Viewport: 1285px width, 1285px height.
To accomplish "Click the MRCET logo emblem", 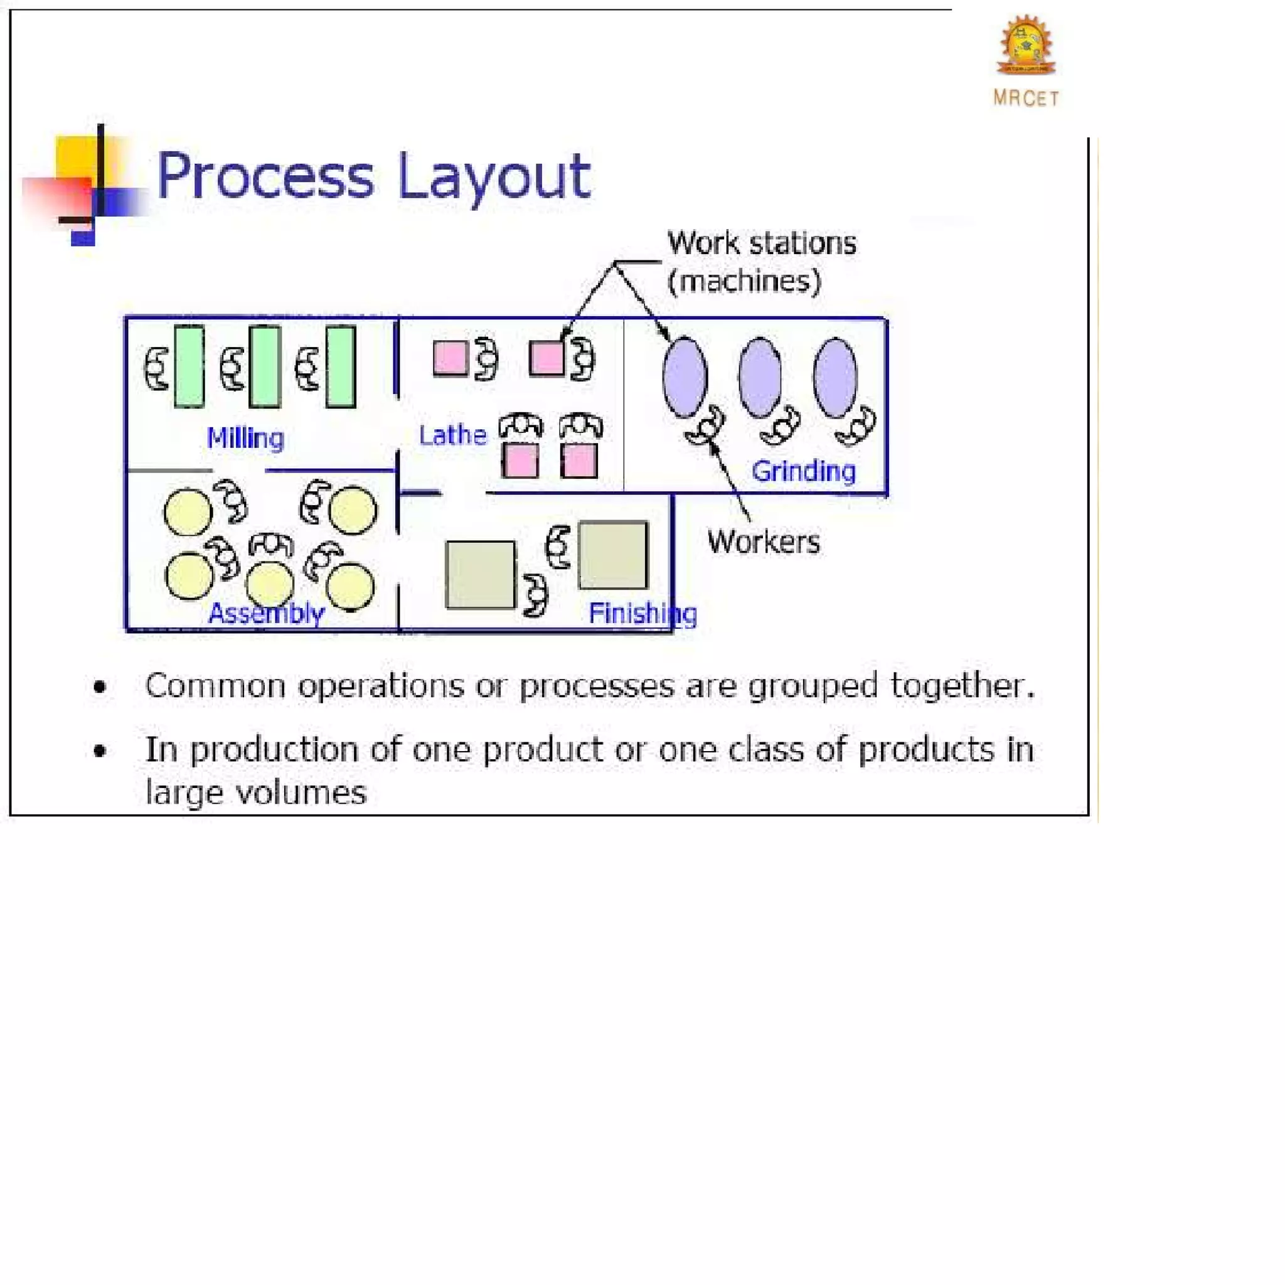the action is point(1026,45).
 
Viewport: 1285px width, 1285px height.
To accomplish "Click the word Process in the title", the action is point(265,176).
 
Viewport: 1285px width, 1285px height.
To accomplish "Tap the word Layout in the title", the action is point(494,176).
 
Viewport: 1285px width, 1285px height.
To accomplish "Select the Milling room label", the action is point(245,439).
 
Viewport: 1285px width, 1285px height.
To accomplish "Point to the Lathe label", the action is point(452,435).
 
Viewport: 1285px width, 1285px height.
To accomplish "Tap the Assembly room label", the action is point(266,612).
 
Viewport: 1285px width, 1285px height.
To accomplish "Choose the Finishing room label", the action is point(642,612).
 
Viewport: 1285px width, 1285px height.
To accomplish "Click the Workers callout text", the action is point(763,542).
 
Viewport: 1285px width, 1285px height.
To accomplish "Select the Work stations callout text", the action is point(762,243).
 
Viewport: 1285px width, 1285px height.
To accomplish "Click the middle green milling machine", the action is point(265,366).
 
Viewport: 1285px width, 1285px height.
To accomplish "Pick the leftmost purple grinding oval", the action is point(685,377).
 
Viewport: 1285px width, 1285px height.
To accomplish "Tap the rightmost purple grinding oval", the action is point(835,377).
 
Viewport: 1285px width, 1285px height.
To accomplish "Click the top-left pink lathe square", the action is point(451,358).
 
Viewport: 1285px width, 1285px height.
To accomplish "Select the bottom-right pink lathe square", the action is point(579,461).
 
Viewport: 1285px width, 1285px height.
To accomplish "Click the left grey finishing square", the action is point(479,575).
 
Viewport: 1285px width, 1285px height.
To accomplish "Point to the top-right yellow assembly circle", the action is point(353,510).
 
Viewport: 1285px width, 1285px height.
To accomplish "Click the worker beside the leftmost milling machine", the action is point(156,368).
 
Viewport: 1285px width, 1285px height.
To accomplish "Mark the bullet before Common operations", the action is point(100,687).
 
